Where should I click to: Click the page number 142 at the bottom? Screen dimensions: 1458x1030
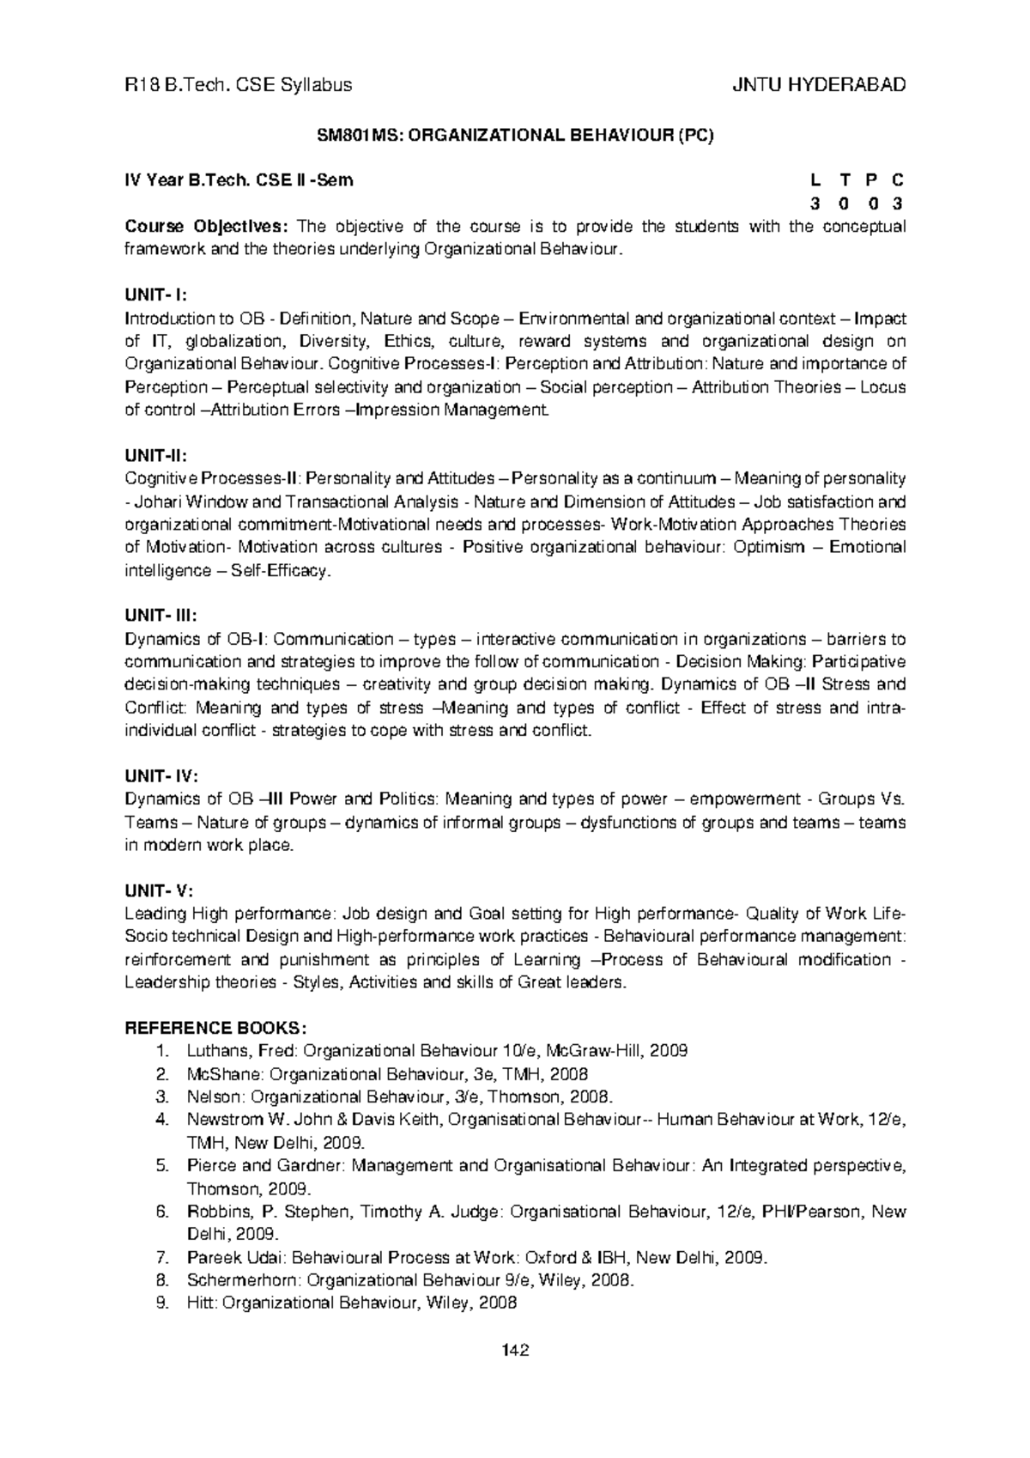tap(515, 1349)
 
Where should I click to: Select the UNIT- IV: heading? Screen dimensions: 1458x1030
tap(161, 775)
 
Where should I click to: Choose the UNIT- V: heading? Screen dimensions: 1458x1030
tap(159, 890)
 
